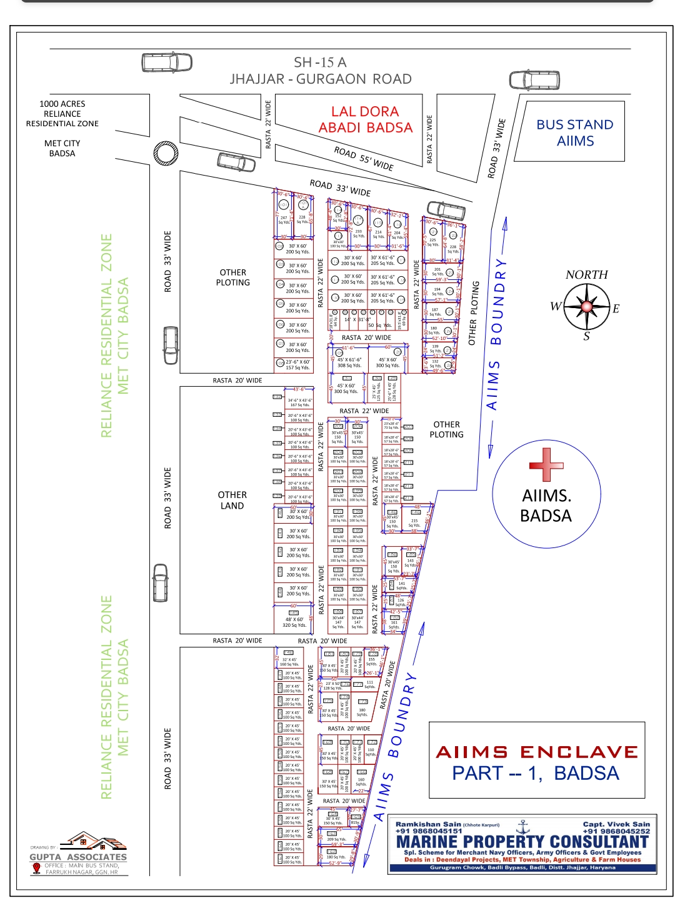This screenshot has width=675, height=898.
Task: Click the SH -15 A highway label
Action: point(320,62)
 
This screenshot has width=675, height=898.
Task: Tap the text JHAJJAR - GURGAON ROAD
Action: point(321,79)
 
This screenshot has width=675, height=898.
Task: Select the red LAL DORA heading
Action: point(365,112)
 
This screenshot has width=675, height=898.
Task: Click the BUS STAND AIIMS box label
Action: point(575,132)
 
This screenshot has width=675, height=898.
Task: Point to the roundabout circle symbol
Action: point(166,152)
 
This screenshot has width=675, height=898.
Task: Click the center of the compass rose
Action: point(587,306)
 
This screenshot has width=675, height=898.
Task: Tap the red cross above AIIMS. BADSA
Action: point(546,465)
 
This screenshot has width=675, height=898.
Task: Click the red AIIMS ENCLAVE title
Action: point(537,752)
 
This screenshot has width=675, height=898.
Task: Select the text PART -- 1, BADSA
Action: point(536,773)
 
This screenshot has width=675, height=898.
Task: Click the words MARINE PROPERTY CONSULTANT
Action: point(522,842)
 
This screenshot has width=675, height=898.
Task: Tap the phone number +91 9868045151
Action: point(429,831)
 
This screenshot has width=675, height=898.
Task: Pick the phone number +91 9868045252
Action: point(616,831)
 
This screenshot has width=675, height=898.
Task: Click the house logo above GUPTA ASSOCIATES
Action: point(87,841)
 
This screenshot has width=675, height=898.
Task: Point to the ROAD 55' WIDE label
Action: point(364,159)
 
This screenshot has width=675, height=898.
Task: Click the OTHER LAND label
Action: point(232,500)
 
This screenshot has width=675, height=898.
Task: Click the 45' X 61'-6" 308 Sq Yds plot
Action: point(349,362)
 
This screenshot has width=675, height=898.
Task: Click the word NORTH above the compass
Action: point(586,274)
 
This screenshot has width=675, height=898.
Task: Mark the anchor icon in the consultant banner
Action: point(524,827)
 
